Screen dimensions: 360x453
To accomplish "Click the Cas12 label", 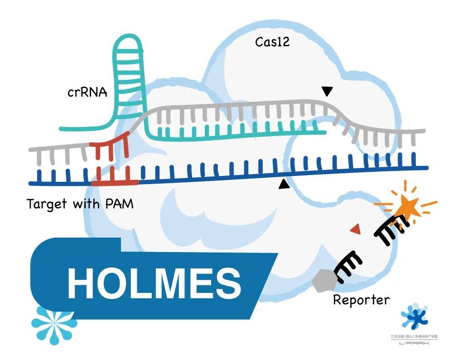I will click(x=272, y=42).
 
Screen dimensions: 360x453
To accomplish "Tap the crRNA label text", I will click(x=87, y=92).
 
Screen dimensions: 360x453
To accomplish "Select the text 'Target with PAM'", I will click(x=80, y=204).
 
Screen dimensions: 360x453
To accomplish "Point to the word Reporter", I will click(x=361, y=300).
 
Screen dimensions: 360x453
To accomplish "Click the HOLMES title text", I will click(x=154, y=282).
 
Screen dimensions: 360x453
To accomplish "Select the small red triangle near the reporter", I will click(x=356, y=229).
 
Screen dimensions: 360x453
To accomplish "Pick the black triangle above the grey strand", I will click(x=327, y=92).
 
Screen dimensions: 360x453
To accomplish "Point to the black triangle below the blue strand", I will click(x=284, y=184).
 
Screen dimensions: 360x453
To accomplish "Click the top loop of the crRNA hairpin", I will click(x=128, y=43).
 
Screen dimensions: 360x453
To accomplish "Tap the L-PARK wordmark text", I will click(x=414, y=343).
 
